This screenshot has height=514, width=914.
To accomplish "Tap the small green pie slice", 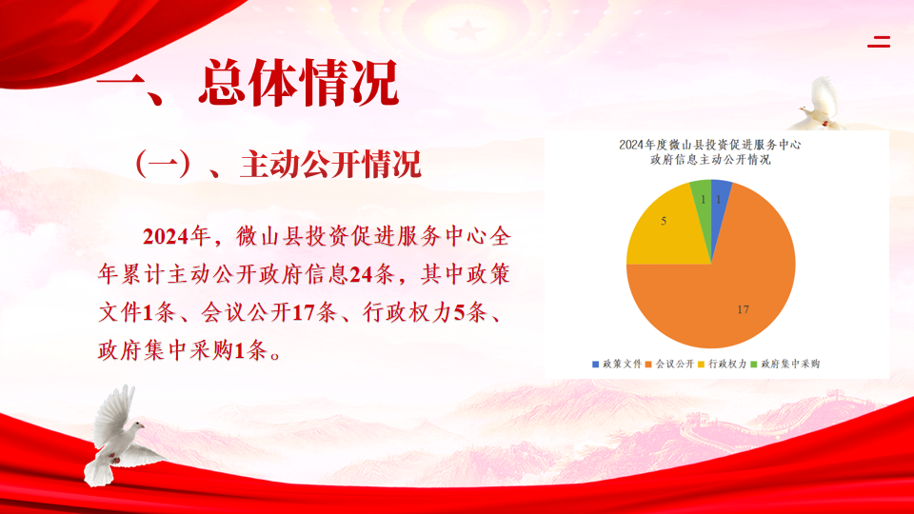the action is click(702, 198).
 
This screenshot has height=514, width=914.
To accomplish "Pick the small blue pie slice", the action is click(720, 198).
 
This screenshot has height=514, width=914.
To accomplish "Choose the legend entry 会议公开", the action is click(669, 365).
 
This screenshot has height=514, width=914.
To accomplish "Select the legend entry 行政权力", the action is click(722, 365).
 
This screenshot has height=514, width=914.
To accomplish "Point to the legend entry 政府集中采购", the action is click(785, 365).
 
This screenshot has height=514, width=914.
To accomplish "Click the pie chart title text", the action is click(710, 152).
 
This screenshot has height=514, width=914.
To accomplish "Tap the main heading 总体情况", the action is click(298, 84).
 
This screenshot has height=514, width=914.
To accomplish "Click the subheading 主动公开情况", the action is click(330, 165).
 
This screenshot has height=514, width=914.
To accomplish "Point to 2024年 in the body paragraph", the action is click(176, 236).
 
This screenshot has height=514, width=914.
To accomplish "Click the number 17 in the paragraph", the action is click(303, 313).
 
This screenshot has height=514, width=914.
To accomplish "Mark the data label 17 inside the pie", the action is click(743, 309).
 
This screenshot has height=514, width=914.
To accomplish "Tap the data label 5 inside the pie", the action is click(664, 221).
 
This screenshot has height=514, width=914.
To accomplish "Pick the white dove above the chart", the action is click(822, 104).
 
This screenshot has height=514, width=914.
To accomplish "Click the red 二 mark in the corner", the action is click(879, 41).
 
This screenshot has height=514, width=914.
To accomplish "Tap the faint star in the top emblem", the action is click(467, 30).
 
